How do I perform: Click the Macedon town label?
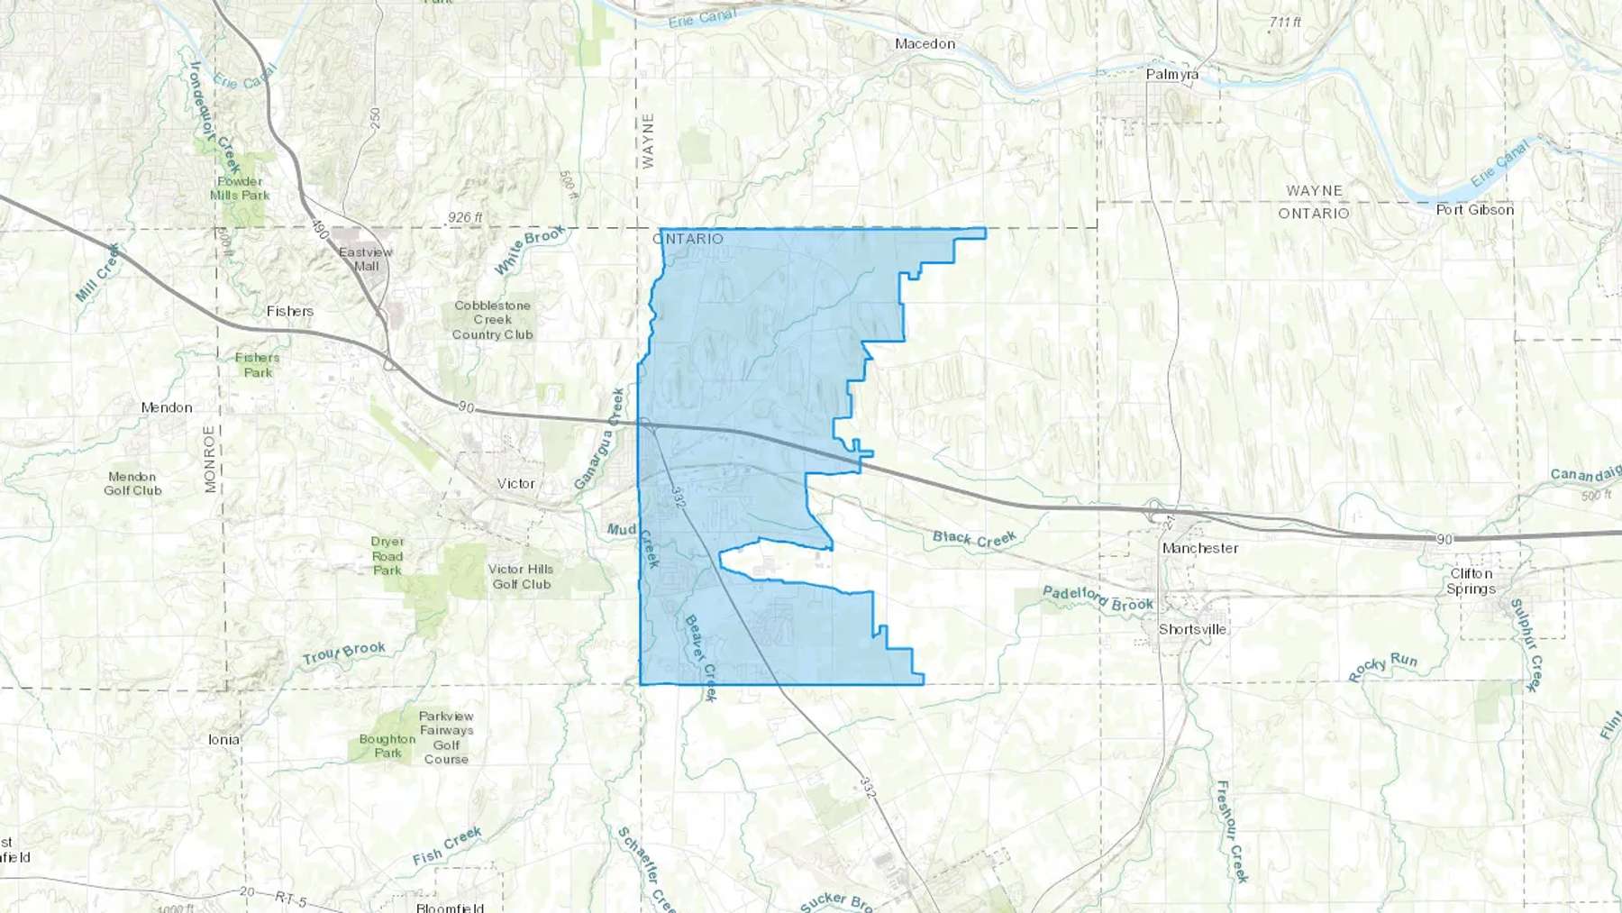[x=925, y=43]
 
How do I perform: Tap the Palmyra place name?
[x=1171, y=74]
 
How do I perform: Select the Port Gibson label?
[x=1474, y=209]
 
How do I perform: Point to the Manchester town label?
[x=1199, y=548]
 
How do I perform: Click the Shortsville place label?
[x=1192, y=629]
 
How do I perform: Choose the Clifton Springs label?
[x=1471, y=581]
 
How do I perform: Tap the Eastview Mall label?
[x=366, y=259]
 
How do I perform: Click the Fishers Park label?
[x=258, y=365]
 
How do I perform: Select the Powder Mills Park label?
[x=240, y=187]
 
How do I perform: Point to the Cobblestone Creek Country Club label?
[x=492, y=320]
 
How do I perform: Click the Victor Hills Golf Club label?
[x=521, y=577]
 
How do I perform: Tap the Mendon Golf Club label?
[x=132, y=483]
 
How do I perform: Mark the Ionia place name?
[x=224, y=739]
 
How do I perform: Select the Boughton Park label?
[x=387, y=745]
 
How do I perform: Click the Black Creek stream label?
[x=974, y=538]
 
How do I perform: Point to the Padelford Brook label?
[x=1098, y=598]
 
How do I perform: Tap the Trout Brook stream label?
[x=343, y=653]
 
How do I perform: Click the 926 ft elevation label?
[x=465, y=217]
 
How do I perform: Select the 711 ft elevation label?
[x=1285, y=22]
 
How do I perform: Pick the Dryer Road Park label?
[x=387, y=555]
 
